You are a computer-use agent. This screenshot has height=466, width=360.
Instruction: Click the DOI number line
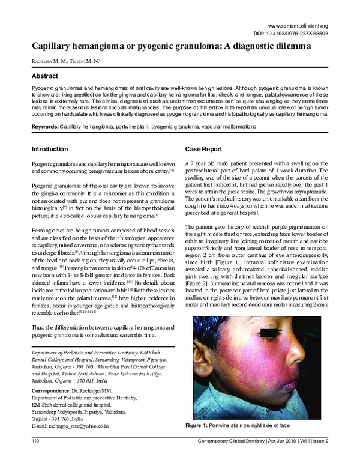click(x=304, y=35)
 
